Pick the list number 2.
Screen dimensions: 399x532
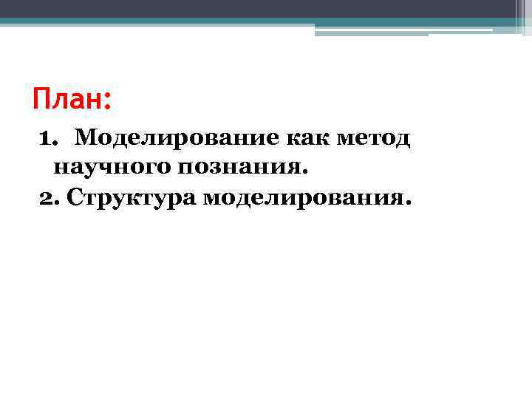(x=46, y=198)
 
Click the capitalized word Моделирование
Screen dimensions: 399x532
(x=174, y=138)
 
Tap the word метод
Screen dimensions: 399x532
(x=374, y=138)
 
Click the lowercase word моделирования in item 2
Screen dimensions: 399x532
(x=301, y=198)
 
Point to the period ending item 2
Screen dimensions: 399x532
(x=403, y=202)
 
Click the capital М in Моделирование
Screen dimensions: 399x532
(x=84, y=138)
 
